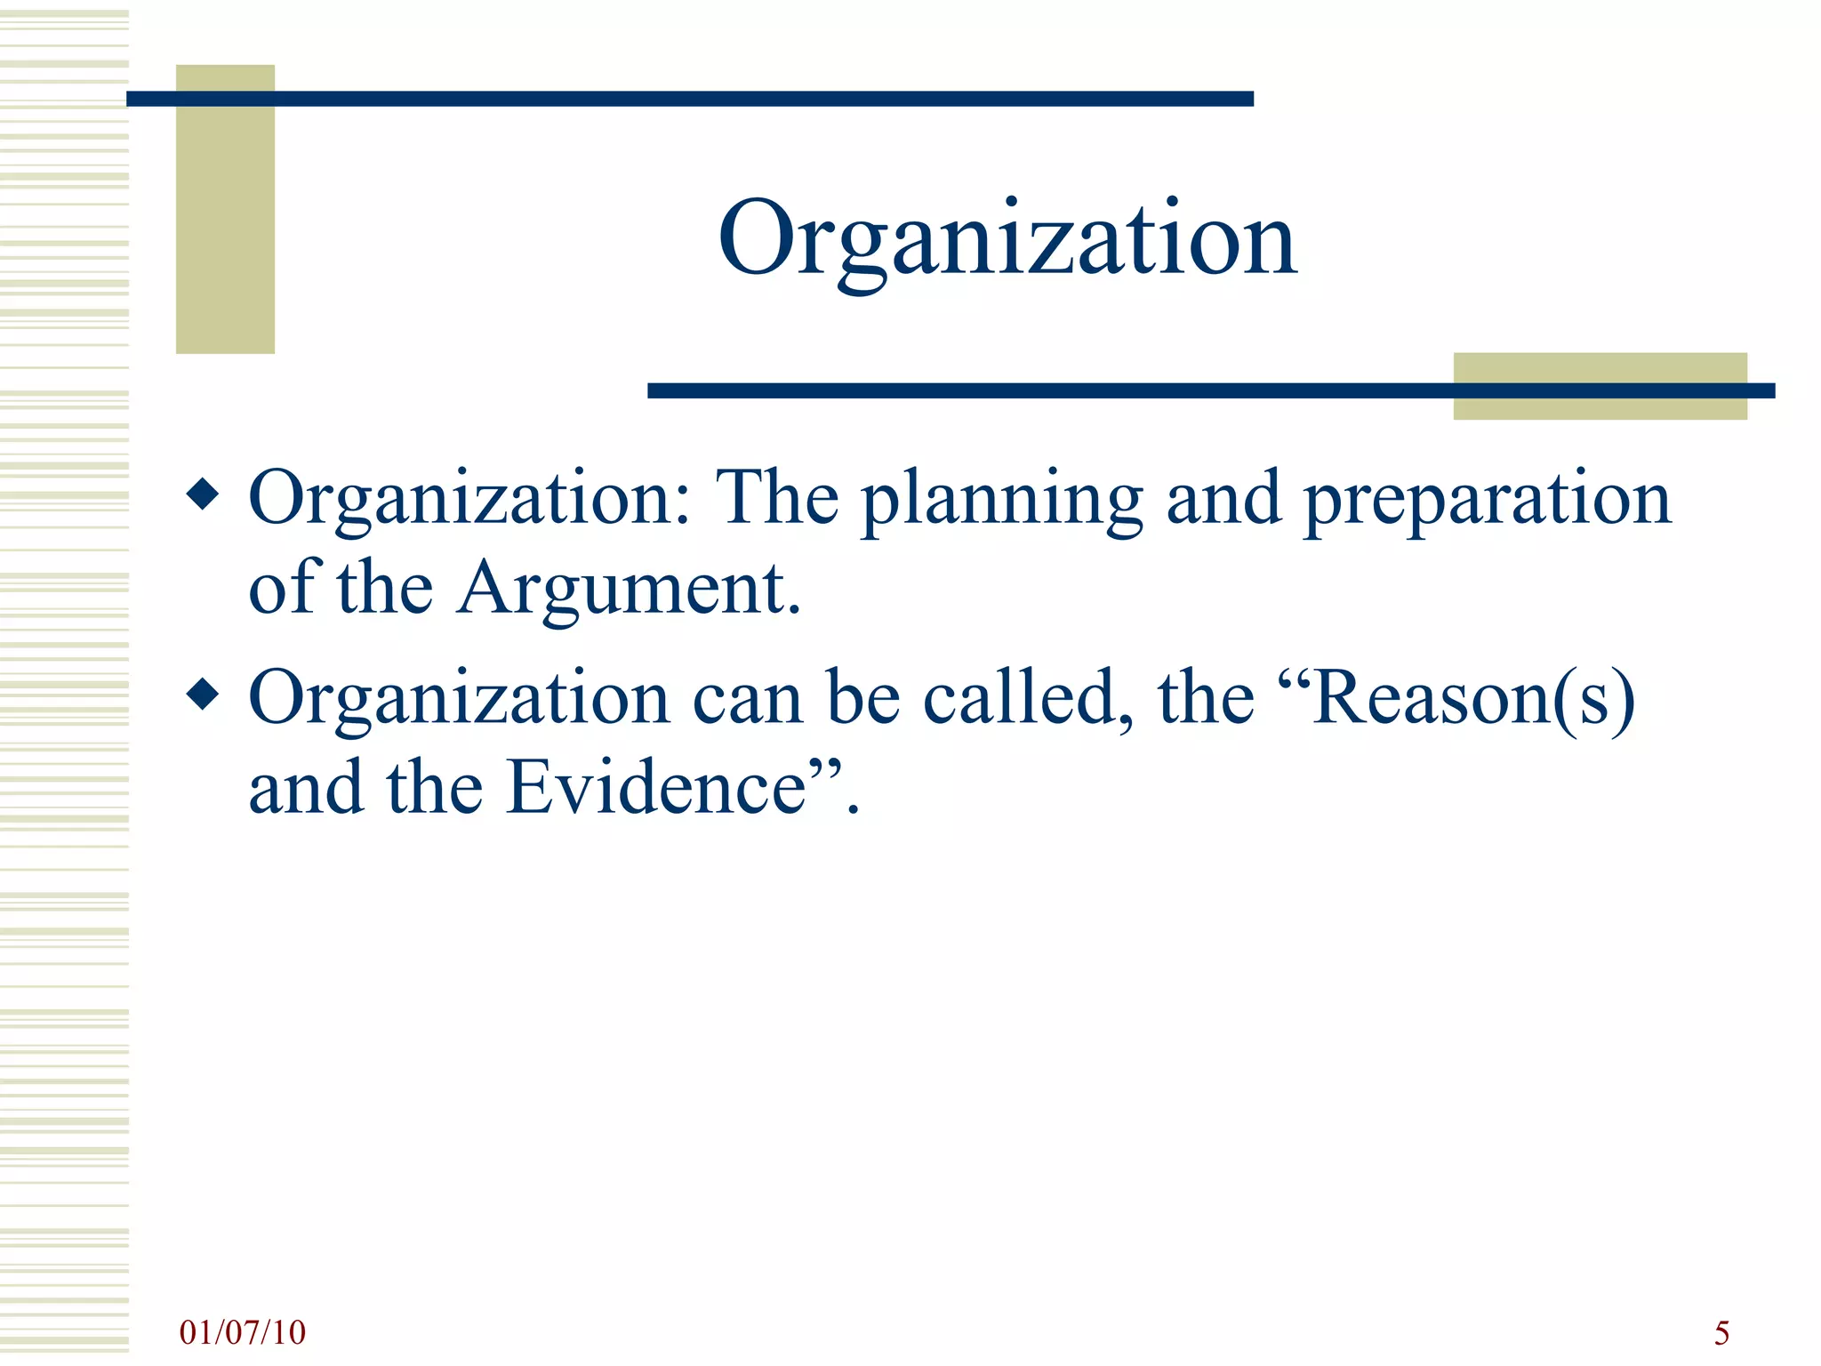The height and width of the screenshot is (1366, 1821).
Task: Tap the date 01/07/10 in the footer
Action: click(x=242, y=1332)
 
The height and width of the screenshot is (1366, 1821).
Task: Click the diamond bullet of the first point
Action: click(x=204, y=494)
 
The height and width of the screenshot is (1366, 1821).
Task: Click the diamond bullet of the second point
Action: click(x=204, y=695)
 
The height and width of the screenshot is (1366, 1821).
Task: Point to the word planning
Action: click(x=1002, y=500)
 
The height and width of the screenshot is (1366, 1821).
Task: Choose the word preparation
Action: click(x=1487, y=500)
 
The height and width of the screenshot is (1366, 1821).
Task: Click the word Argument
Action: click(x=629, y=590)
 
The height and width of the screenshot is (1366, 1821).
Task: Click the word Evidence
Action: click(x=655, y=788)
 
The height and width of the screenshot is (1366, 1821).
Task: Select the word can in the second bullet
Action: click(x=746, y=700)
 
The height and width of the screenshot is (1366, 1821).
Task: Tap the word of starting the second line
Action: click(x=282, y=588)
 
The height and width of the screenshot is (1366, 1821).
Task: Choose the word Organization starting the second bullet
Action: click(x=459, y=700)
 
